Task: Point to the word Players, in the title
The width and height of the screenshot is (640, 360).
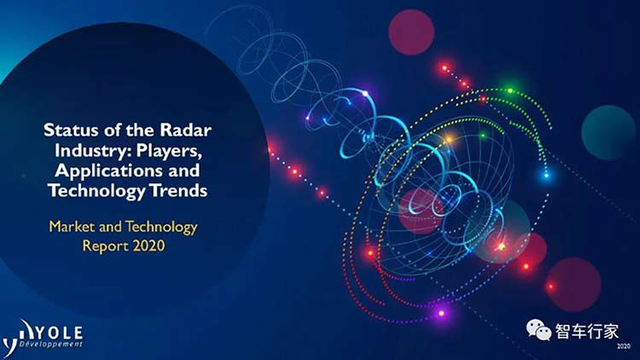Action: pyautogui.click(x=169, y=151)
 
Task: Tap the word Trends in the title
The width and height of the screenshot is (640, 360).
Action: pyautogui.click(x=179, y=190)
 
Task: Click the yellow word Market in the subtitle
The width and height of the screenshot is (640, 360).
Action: pyautogui.click(x=72, y=227)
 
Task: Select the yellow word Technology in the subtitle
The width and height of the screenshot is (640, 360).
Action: pyautogui.click(x=161, y=228)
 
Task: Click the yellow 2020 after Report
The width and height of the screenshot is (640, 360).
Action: pyautogui.click(x=148, y=246)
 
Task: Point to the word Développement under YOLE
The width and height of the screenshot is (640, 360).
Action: pyautogui.click(x=51, y=344)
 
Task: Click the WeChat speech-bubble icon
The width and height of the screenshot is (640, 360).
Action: pyautogui.click(x=538, y=329)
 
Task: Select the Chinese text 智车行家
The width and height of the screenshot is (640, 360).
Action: pyautogui.click(x=586, y=331)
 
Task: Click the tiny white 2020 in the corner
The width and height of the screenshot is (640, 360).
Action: pyautogui.click(x=624, y=346)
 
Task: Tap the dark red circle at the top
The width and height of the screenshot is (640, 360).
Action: pyautogui.click(x=411, y=32)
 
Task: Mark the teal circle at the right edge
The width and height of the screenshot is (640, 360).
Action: pyautogui.click(x=608, y=132)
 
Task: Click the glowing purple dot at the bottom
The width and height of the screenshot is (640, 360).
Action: pyautogui.click(x=441, y=313)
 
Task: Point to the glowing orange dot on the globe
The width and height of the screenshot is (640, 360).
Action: pyautogui.click(x=449, y=140)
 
